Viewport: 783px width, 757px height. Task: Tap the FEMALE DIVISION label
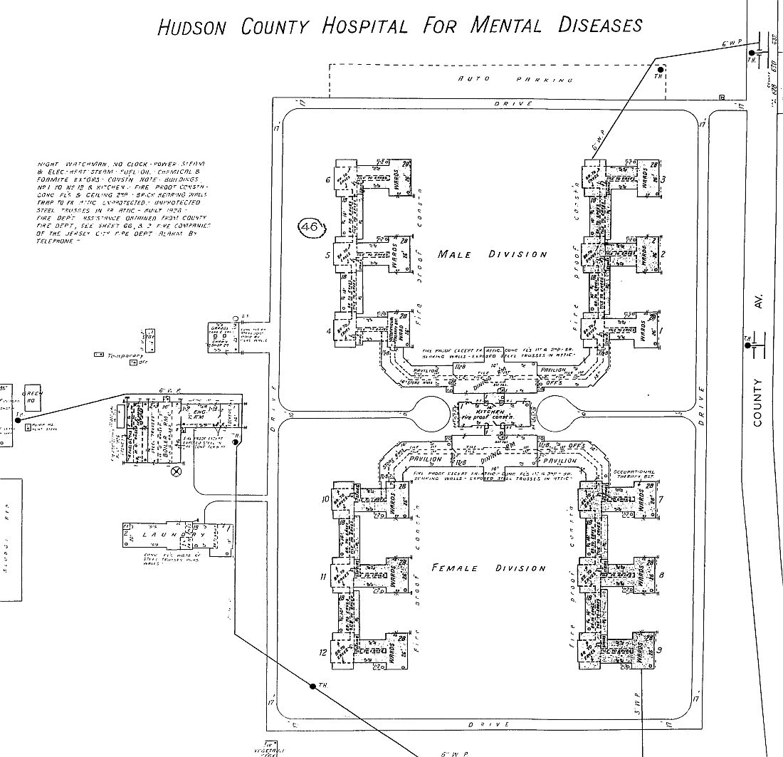(x=489, y=568)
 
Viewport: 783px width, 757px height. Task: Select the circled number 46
(x=310, y=227)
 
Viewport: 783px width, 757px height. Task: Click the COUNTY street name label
(x=757, y=402)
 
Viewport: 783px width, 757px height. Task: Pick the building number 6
(x=328, y=180)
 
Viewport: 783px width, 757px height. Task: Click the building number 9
(x=660, y=649)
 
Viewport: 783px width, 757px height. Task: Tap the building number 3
(x=663, y=179)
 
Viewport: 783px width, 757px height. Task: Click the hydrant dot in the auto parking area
(x=660, y=69)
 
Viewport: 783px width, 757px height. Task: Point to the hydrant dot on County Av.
(x=747, y=345)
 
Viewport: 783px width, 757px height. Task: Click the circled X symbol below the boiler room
(x=177, y=471)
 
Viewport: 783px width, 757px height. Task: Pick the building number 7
(x=661, y=498)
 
